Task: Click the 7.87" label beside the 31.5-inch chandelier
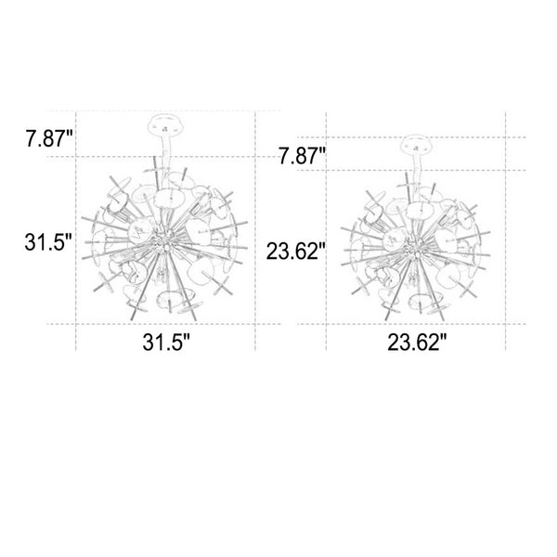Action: tap(49, 138)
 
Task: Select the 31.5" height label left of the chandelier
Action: tap(48, 242)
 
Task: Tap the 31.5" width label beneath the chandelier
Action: tap(166, 343)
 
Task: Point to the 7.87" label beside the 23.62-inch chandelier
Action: tap(302, 156)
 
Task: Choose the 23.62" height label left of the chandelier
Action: tap(296, 252)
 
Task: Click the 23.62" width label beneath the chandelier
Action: tap(417, 343)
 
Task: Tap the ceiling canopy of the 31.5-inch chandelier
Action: tap(166, 124)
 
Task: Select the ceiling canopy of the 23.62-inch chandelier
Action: tap(416, 145)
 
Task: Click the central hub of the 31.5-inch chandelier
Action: tap(164, 241)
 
